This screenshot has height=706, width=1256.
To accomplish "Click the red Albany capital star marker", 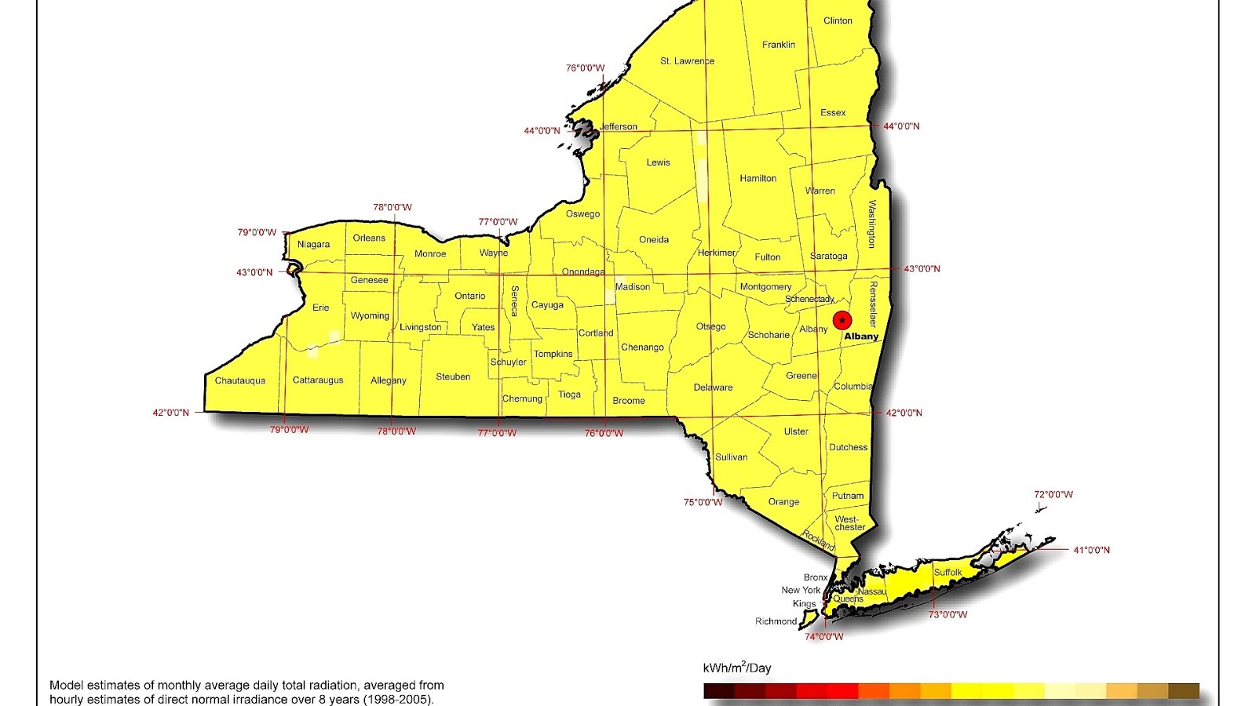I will tap(842, 320).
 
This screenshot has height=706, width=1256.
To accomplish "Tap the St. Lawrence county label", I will tap(687, 61).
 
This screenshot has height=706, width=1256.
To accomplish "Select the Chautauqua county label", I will tap(240, 380).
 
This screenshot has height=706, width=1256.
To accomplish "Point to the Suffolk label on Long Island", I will tap(947, 573).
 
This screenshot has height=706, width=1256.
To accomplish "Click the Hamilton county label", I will tap(758, 179).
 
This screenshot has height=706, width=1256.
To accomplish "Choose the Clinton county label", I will tap(838, 21).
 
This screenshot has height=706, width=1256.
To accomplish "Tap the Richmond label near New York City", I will tap(776, 621).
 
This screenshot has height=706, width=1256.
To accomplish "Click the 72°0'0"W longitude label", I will tap(1053, 495).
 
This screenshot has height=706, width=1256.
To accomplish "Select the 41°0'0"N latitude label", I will tap(1091, 551).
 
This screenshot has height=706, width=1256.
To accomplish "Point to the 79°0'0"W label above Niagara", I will tap(257, 233).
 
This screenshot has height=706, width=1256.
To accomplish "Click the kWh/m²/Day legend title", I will tap(736, 668).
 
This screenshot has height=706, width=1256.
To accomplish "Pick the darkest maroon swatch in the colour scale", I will tap(718, 691).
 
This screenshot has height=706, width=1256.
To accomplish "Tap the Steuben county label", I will tap(453, 377).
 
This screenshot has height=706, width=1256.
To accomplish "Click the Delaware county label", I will tap(713, 388).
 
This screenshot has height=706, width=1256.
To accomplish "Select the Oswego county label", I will tap(582, 214).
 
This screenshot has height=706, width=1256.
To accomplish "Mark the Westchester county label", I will tap(849, 523).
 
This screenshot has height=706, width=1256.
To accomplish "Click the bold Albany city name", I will tap(861, 337).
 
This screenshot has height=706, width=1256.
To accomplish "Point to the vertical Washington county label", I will tap(872, 224).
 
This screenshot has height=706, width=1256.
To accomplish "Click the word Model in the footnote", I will tap(65, 686).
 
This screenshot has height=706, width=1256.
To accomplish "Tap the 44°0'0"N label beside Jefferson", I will tap(542, 131).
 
